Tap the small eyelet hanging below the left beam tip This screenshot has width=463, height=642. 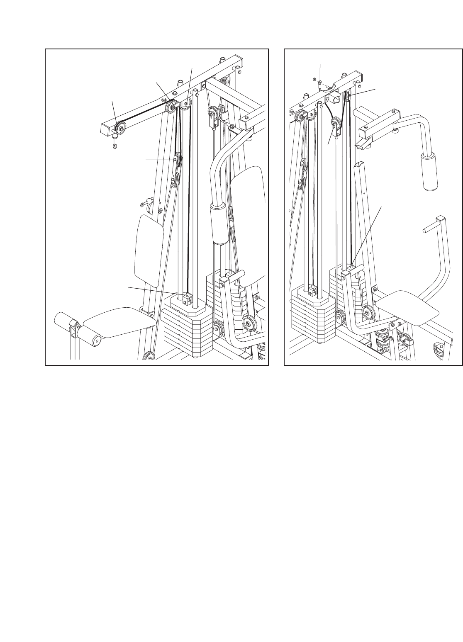coord(115,146)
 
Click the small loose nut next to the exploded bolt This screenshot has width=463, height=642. coord(316,80)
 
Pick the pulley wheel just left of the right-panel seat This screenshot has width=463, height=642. coord(367,312)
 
